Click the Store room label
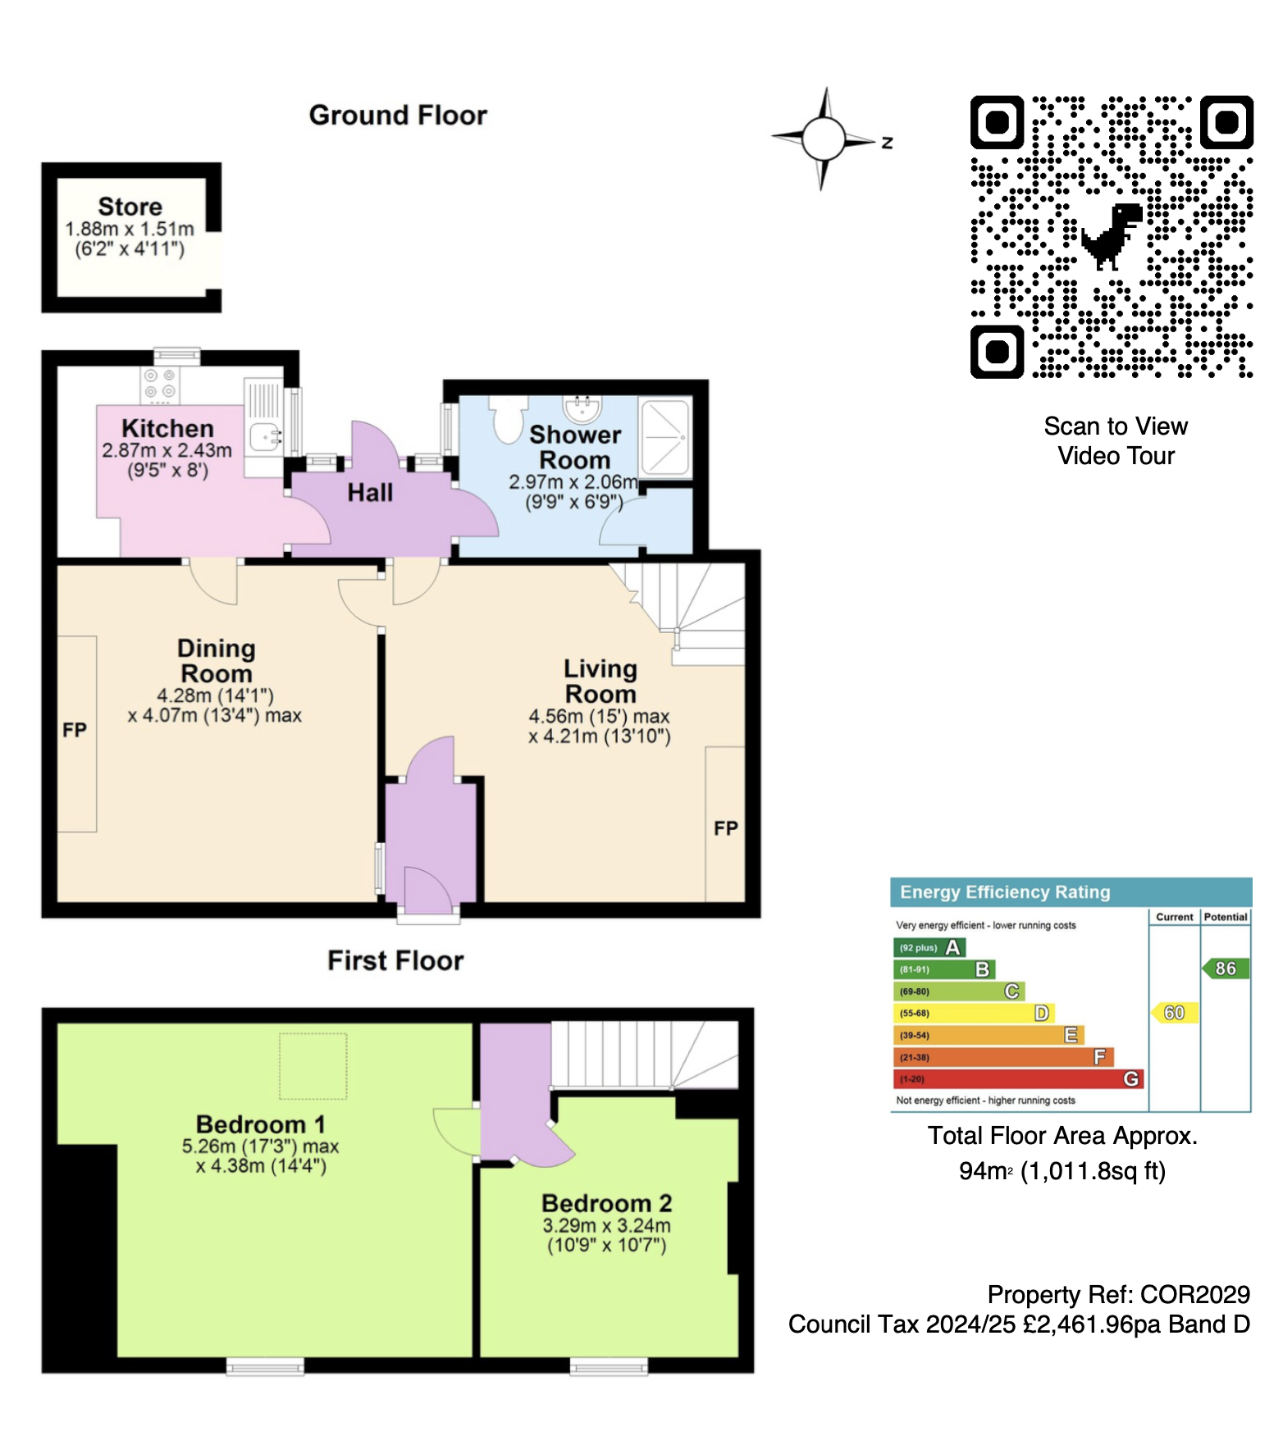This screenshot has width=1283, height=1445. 130,207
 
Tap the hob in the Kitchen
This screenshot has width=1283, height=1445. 159,384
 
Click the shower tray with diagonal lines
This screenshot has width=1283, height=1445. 665,436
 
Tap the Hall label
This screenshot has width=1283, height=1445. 370,493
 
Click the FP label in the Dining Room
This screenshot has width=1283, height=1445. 75,730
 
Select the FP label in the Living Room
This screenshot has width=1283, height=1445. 725,828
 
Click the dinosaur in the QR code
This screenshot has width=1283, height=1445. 1112,236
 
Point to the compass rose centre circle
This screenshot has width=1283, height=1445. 824,139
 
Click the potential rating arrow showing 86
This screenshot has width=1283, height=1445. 1226,969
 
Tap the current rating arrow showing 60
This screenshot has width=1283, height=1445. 1175,1013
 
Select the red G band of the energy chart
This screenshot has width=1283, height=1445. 1017,1079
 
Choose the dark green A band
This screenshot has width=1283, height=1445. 930,947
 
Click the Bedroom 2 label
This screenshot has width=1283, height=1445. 606,1203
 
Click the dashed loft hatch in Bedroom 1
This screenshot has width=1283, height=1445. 313,1065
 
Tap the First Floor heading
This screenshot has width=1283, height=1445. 395,960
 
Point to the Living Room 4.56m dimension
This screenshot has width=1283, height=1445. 599,717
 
